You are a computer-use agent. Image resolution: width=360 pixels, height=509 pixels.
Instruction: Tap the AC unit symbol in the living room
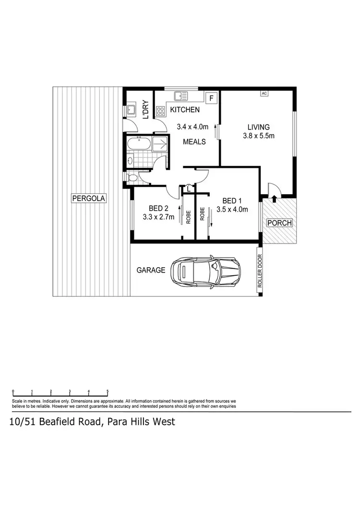click(264, 93)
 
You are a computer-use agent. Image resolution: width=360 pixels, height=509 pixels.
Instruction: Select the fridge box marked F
click(211, 98)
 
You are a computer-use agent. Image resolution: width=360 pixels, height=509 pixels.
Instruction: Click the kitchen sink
click(181, 95)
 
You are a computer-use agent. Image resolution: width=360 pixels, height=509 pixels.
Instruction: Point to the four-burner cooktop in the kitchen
click(160, 110)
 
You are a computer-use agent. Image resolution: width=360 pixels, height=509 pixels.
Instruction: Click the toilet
click(133, 178)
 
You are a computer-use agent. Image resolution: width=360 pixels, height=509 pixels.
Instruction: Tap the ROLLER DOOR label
click(260, 271)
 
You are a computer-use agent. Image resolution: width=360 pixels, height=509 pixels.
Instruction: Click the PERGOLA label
click(88, 198)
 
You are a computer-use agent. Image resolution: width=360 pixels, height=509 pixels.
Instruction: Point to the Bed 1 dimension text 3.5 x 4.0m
click(232, 209)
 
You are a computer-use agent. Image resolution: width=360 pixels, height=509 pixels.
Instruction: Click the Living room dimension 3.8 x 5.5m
click(258, 136)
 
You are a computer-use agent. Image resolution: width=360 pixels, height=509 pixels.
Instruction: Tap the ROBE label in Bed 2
click(188, 217)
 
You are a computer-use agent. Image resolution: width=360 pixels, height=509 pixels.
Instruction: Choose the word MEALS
click(194, 142)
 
